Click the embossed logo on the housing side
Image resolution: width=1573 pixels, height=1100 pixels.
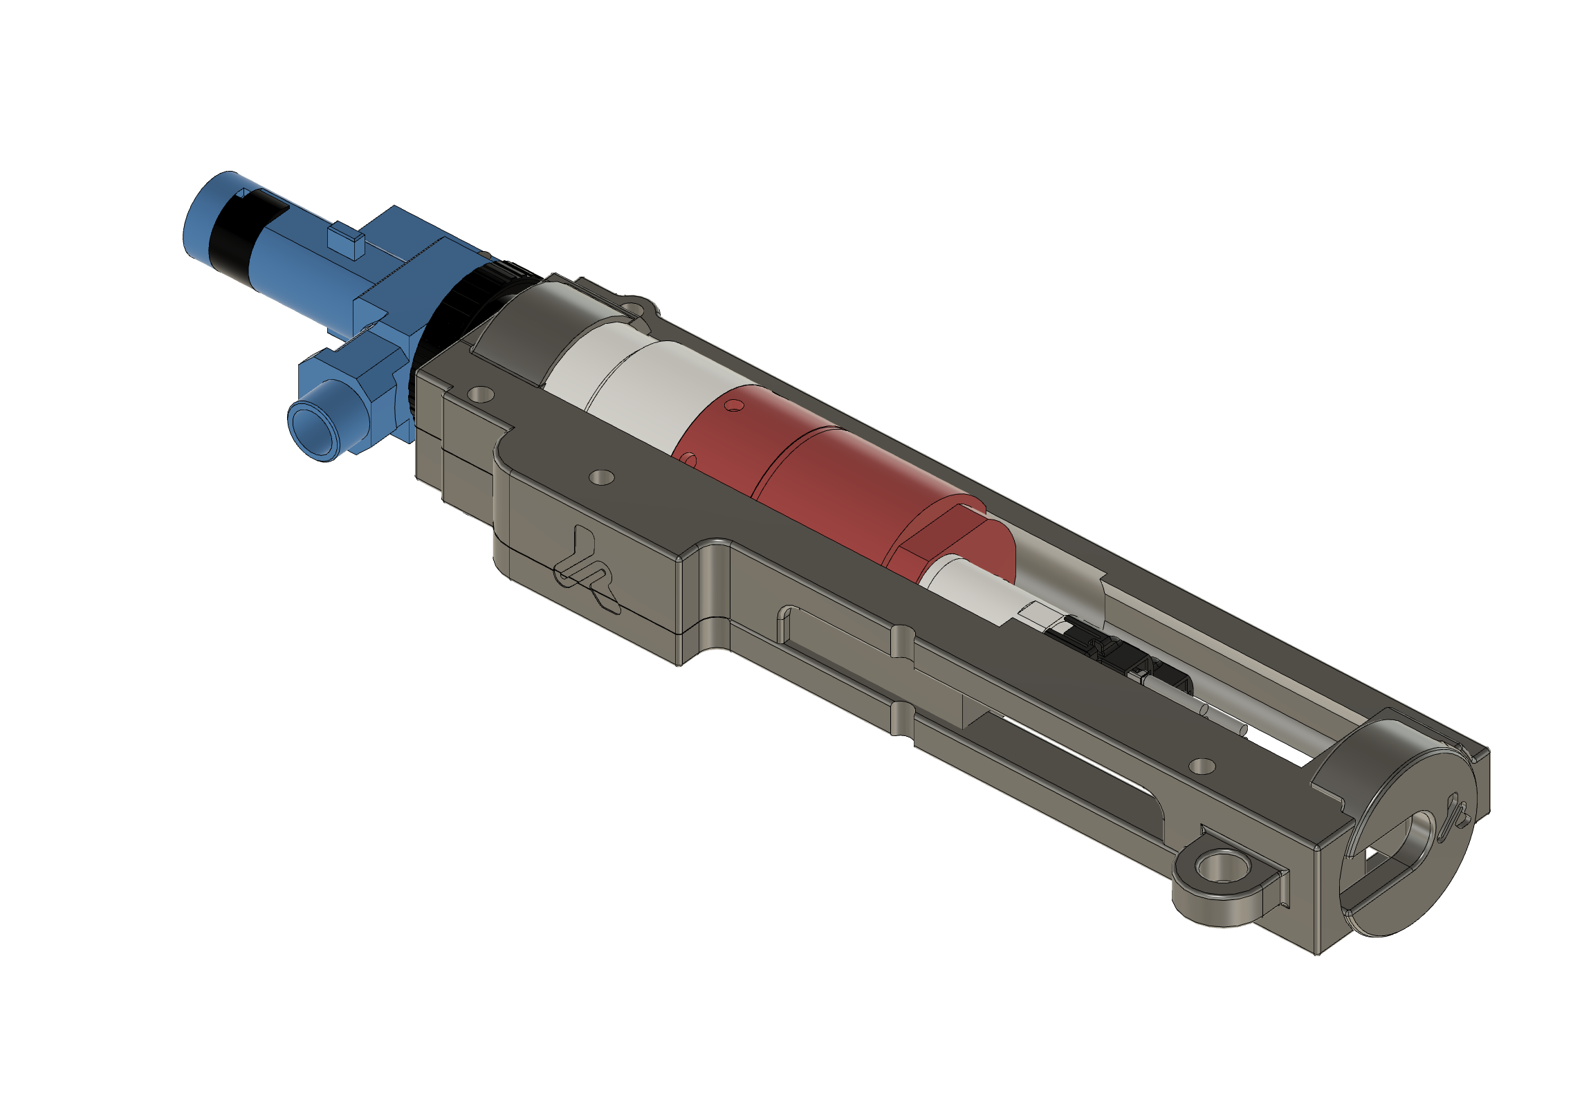[587, 569]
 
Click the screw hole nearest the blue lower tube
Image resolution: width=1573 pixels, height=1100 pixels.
[481, 395]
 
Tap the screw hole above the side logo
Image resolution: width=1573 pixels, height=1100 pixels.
[601, 477]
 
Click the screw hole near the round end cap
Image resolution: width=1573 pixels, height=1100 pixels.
[1202, 766]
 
